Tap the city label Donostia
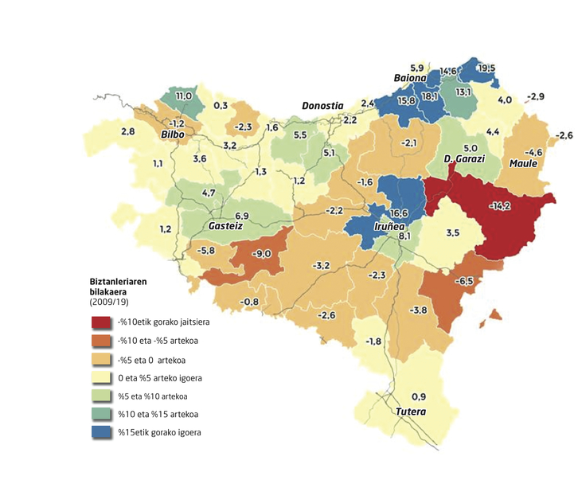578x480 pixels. (x=322, y=106)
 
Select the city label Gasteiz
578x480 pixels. (x=225, y=226)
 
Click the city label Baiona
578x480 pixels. (x=411, y=78)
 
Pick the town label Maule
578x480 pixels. (x=524, y=164)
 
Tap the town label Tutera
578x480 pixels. (x=411, y=412)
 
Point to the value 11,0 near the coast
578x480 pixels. (x=184, y=96)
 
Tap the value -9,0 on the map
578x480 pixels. (x=262, y=254)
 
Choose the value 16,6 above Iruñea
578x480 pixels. (x=400, y=213)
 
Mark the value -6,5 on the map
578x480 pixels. (x=464, y=282)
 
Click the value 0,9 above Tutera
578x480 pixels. (x=418, y=396)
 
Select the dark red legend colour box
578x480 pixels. (x=101, y=322)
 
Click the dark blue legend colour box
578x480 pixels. (x=101, y=432)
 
